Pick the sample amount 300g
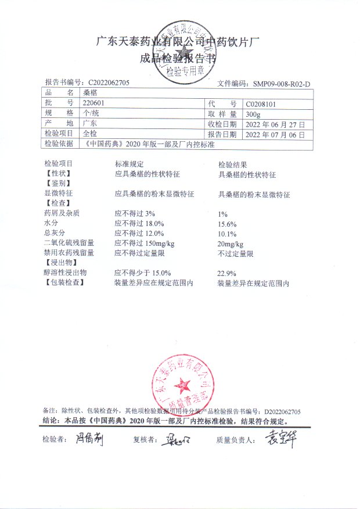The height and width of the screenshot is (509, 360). coord(254,113)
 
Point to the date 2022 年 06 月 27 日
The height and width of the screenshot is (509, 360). coord(271,124)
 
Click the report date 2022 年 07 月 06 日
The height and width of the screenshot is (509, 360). coord(271,134)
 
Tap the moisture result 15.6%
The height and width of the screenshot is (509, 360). coord(226,224)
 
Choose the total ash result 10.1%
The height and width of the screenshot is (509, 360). coord(226,234)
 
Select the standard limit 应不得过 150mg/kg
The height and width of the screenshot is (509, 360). coord(143,243)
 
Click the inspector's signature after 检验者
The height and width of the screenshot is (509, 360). coord(89,440)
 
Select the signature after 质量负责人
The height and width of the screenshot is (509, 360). coord(280,439)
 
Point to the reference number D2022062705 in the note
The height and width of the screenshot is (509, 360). coord(282,411)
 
